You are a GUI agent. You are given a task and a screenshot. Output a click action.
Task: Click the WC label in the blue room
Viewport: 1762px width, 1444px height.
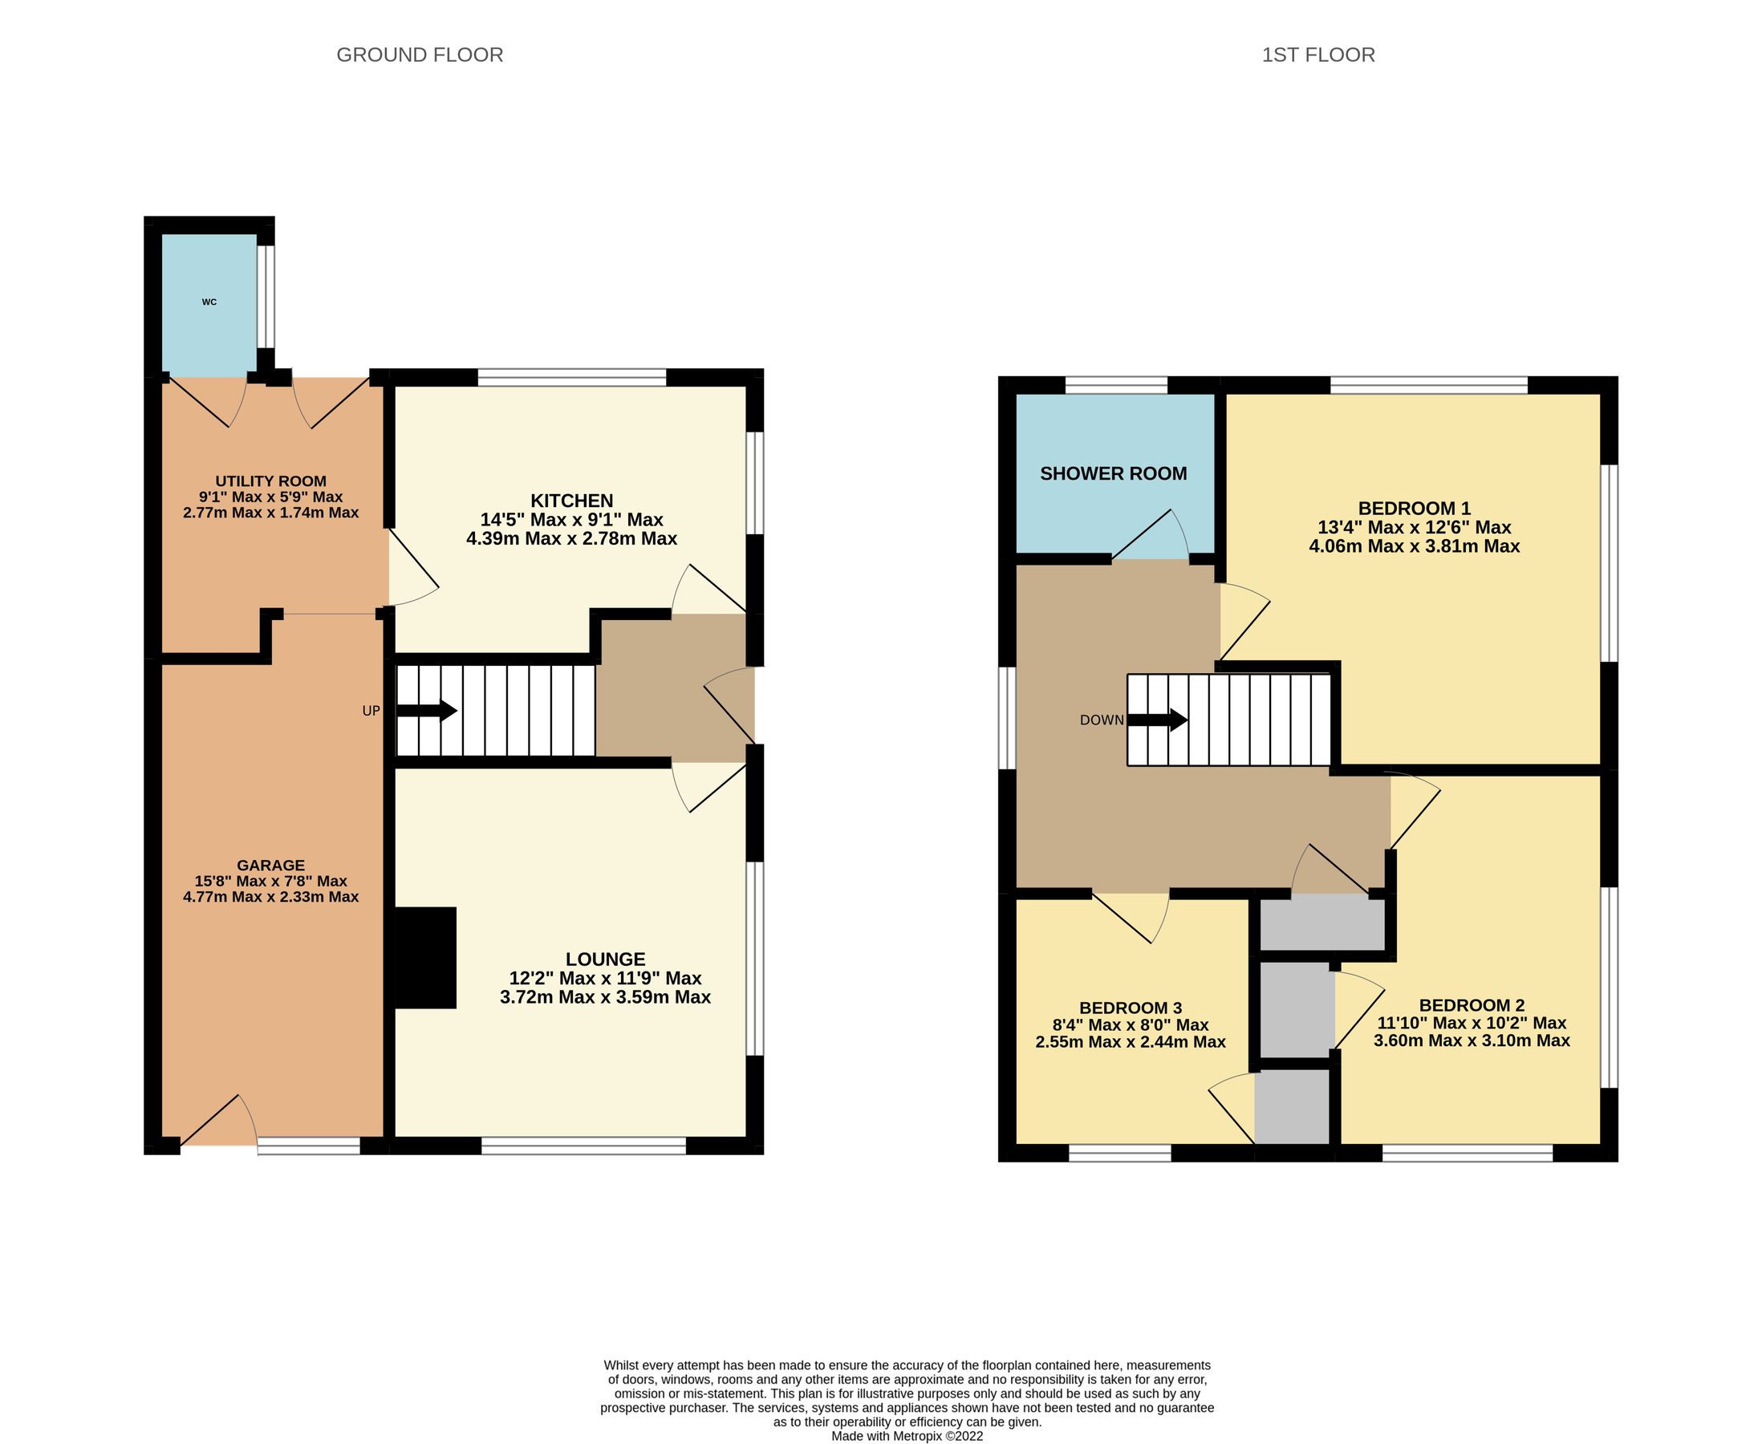tap(209, 302)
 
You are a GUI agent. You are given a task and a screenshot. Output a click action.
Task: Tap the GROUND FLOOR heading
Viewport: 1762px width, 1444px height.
tap(420, 55)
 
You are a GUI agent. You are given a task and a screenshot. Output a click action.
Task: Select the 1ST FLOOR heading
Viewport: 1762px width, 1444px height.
tap(1317, 55)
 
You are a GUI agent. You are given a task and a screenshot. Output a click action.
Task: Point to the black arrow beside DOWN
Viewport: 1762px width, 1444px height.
tap(1157, 720)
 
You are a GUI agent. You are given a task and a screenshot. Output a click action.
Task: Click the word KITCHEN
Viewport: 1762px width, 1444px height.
tap(571, 501)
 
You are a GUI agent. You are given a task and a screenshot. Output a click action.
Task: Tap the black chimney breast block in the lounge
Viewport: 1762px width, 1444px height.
tap(426, 957)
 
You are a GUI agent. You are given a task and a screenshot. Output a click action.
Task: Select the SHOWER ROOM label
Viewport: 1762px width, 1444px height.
tap(1113, 474)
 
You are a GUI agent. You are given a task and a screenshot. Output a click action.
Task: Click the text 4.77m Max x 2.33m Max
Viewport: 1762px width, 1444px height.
tap(270, 897)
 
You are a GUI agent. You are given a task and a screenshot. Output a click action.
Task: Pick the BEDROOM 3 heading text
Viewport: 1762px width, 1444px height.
tap(1130, 1008)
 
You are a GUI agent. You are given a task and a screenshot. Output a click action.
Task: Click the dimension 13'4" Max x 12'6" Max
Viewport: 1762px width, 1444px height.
tap(1415, 527)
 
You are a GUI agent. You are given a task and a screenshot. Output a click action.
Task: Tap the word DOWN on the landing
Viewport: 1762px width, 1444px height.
tap(1102, 720)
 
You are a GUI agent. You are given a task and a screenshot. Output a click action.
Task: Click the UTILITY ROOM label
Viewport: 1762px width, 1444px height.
tap(270, 481)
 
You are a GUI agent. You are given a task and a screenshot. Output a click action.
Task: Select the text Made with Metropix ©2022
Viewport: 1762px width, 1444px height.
tap(907, 1436)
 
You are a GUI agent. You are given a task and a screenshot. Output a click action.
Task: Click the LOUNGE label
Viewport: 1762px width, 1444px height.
tap(605, 959)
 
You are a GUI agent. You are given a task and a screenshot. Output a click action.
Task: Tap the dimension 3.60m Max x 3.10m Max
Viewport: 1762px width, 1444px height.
tap(1471, 1040)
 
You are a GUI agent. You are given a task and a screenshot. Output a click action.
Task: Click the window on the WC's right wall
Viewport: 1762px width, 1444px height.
tap(266, 296)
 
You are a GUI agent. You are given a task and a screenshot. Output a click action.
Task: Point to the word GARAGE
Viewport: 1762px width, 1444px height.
tap(270, 865)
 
